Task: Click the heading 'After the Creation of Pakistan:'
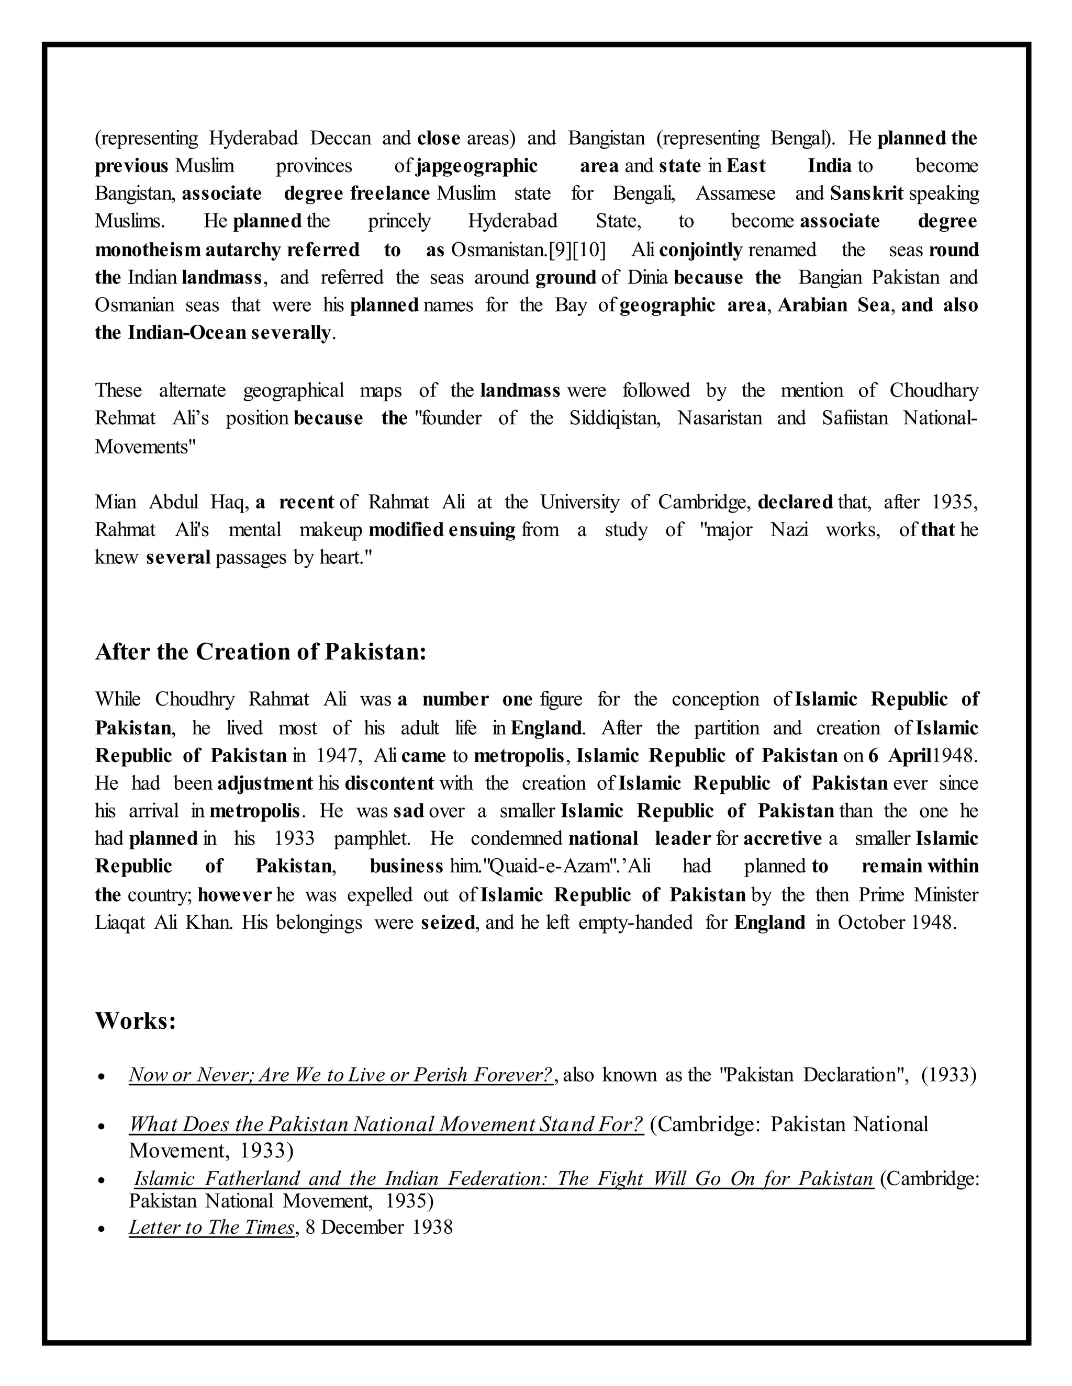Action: pos(260,652)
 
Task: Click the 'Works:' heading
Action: pos(135,1021)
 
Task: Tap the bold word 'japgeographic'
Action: pos(476,166)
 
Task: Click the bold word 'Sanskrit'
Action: pos(866,194)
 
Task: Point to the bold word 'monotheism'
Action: pos(148,250)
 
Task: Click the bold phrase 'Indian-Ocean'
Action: pos(187,333)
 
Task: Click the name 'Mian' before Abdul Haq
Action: pos(116,503)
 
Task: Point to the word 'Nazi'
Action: pos(789,530)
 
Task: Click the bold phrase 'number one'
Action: pos(477,699)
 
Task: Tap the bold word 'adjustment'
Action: pos(265,783)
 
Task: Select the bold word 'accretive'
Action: pos(783,839)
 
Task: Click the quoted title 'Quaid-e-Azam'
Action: pos(545,867)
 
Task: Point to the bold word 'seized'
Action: pos(448,922)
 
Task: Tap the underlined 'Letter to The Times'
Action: pos(212,1228)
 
